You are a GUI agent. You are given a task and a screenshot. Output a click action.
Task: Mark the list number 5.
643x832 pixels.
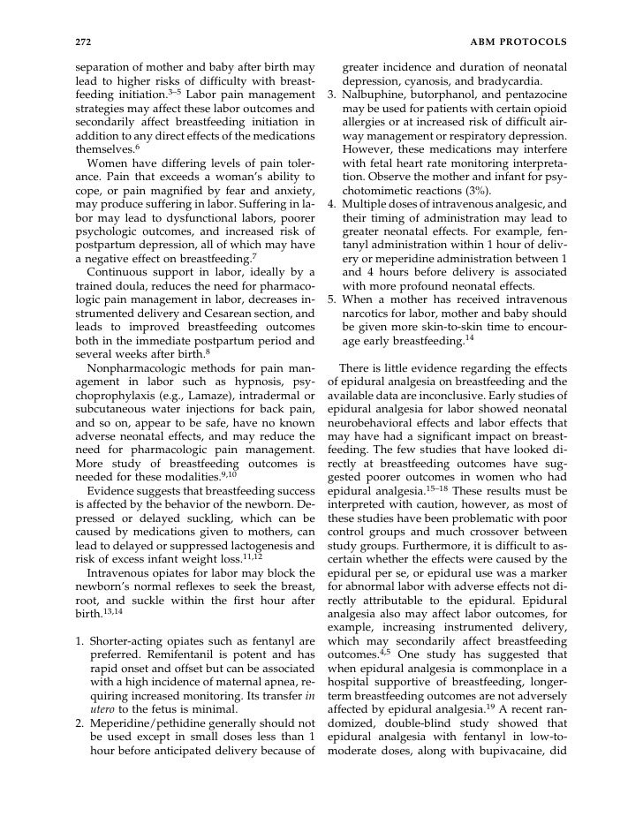click(x=332, y=299)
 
